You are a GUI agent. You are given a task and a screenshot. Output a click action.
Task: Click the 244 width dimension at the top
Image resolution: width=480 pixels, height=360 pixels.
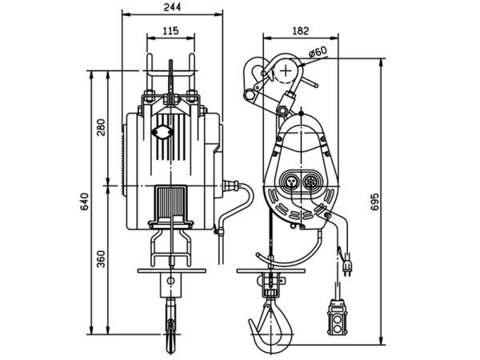170,7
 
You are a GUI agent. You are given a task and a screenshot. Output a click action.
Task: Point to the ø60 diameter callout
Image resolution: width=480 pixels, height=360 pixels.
318,52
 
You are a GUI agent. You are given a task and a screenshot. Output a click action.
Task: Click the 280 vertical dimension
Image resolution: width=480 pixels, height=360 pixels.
101,128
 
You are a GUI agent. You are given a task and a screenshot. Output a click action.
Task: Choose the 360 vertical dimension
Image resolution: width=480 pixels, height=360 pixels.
101,261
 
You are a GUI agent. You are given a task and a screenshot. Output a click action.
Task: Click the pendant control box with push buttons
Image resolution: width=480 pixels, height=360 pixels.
339,319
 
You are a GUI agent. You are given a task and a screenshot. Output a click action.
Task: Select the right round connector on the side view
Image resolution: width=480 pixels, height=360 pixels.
313,181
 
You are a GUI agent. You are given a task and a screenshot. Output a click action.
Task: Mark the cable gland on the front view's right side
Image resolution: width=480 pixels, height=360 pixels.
234,186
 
